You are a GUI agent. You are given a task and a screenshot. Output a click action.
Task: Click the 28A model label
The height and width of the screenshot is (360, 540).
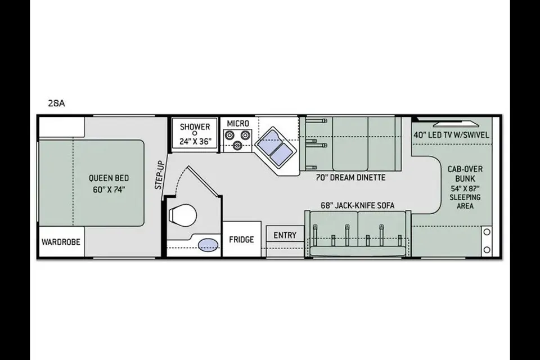(x=56, y=103)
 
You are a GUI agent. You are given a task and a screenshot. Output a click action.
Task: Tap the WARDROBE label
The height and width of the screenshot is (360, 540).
(x=61, y=242)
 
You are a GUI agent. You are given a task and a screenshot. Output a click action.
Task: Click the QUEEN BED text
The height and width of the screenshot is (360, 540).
(x=109, y=178)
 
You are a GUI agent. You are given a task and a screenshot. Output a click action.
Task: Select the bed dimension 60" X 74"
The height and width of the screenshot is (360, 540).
(x=109, y=190)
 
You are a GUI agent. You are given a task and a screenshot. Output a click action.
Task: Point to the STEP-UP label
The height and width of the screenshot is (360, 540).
(x=159, y=175)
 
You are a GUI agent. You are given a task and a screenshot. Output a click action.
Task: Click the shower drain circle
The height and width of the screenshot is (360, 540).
(x=195, y=133)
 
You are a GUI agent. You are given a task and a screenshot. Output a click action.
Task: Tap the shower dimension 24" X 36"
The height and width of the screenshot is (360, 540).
(x=195, y=141)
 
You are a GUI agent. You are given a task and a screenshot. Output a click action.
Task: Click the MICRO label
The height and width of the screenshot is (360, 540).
(x=238, y=123)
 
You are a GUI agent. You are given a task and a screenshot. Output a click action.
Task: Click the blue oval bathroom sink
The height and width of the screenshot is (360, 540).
(x=208, y=245)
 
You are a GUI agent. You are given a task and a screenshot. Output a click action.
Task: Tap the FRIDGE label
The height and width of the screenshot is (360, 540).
(x=241, y=240)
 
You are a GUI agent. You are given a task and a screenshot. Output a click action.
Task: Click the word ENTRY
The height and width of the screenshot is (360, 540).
(x=285, y=235)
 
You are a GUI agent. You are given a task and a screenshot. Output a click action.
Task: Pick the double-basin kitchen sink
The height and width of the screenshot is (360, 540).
(x=277, y=148)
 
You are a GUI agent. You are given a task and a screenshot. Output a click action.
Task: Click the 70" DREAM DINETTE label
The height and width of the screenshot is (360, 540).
(x=351, y=178)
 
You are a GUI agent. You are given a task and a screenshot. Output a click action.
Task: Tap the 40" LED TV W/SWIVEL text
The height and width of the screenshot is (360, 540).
(x=451, y=135)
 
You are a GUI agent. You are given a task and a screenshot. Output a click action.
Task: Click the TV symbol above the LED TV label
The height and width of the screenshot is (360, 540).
(x=456, y=124)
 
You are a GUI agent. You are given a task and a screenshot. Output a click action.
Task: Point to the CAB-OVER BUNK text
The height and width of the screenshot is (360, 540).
(x=465, y=174)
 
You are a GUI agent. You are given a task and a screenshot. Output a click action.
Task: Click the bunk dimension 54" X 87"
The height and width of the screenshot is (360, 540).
(x=465, y=188)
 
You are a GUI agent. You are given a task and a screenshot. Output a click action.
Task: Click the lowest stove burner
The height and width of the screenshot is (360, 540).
(x=237, y=146)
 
